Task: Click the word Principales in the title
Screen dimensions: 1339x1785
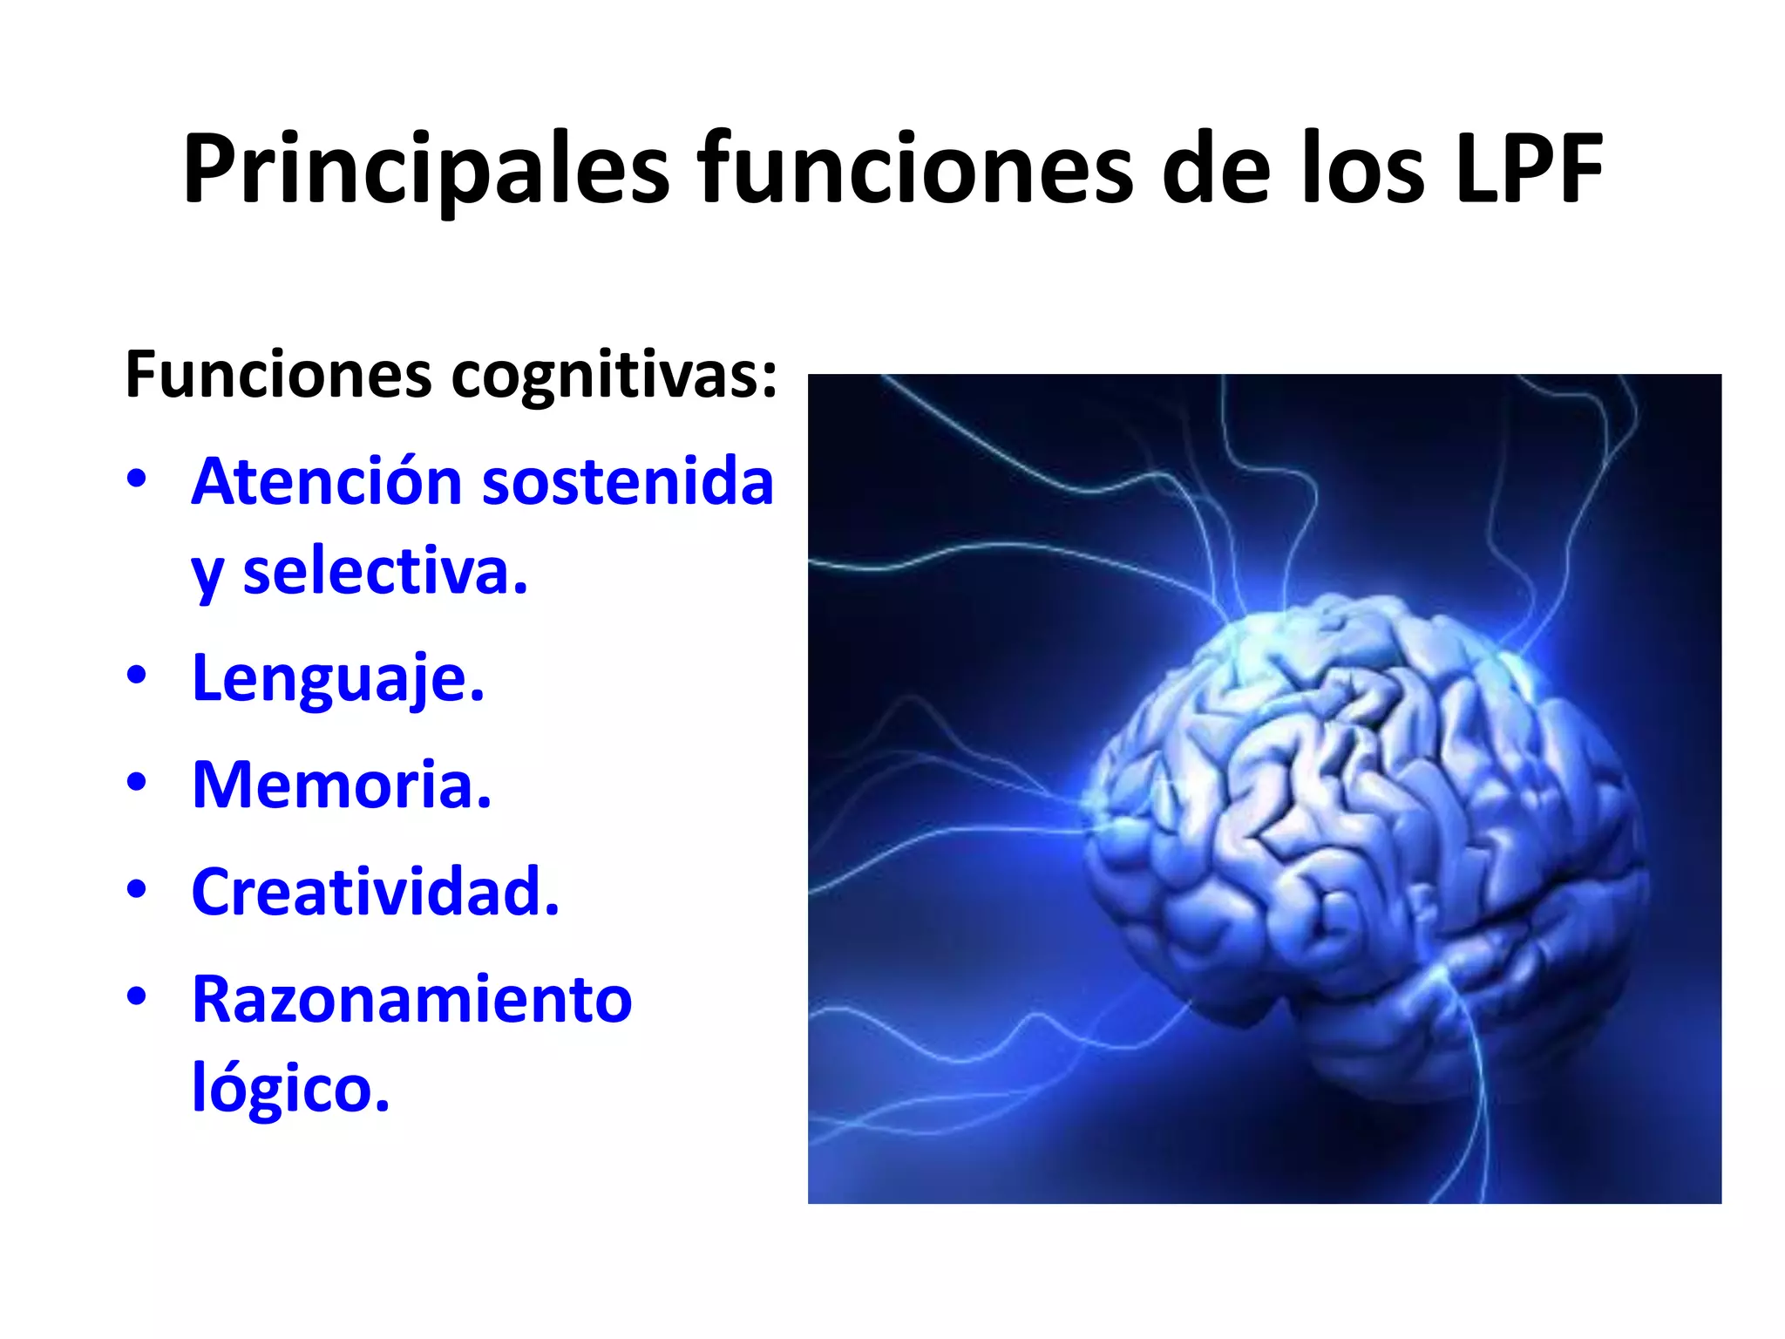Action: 426,170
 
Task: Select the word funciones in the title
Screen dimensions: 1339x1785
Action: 914,170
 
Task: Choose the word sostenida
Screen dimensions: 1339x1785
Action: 628,481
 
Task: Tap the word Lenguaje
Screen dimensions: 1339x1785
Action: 338,678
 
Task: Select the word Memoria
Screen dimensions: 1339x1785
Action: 342,785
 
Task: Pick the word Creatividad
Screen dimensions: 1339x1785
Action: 376,892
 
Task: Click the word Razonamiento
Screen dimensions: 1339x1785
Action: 412,999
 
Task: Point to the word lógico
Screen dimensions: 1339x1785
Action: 290,1088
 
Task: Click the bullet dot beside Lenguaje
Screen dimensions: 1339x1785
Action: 137,676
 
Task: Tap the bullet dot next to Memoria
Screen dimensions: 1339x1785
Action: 137,783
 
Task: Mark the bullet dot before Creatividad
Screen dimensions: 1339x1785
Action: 137,890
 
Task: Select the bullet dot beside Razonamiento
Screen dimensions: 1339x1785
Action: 137,996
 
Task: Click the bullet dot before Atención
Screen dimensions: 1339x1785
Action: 137,479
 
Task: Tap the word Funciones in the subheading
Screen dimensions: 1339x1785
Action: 279,375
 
